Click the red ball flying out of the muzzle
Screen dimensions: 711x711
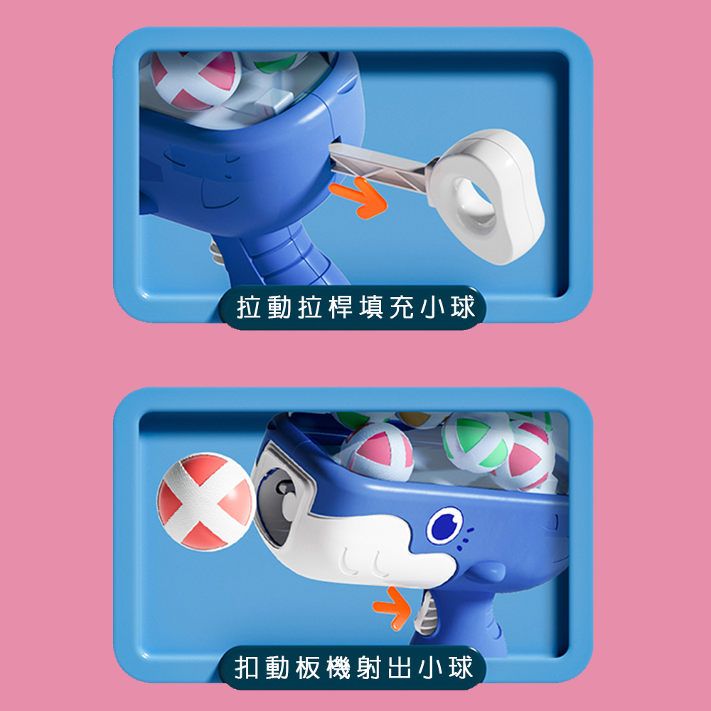pos(204,503)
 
